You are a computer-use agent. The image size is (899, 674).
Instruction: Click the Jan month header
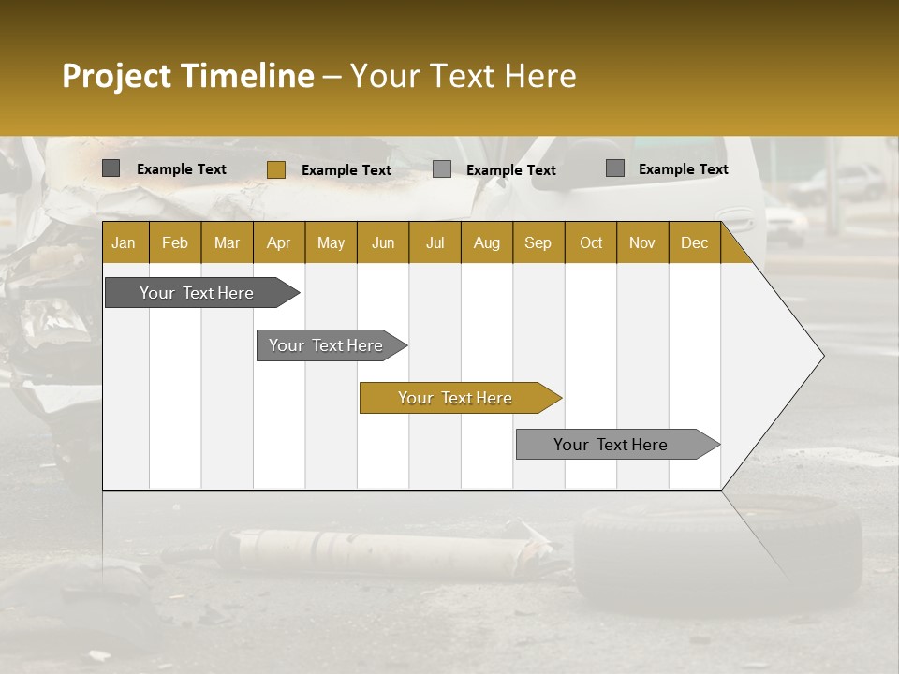(x=124, y=243)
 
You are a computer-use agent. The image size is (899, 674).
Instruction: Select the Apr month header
(x=278, y=243)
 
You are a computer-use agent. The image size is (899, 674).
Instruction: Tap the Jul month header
(x=435, y=243)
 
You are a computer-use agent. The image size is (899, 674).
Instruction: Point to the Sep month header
(x=538, y=243)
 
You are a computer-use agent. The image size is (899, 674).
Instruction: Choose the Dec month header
(x=694, y=243)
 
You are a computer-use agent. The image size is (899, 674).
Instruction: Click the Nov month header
(x=641, y=243)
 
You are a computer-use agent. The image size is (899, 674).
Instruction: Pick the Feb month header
(x=175, y=243)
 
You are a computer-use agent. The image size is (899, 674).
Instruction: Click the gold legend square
(x=275, y=169)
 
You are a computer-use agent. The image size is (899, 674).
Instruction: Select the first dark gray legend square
(x=111, y=168)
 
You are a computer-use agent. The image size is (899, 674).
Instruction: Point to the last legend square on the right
(x=614, y=168)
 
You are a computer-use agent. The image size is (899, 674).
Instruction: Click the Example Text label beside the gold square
(x=346, y=170)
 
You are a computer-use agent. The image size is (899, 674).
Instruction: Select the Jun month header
(x=382, y=243)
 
